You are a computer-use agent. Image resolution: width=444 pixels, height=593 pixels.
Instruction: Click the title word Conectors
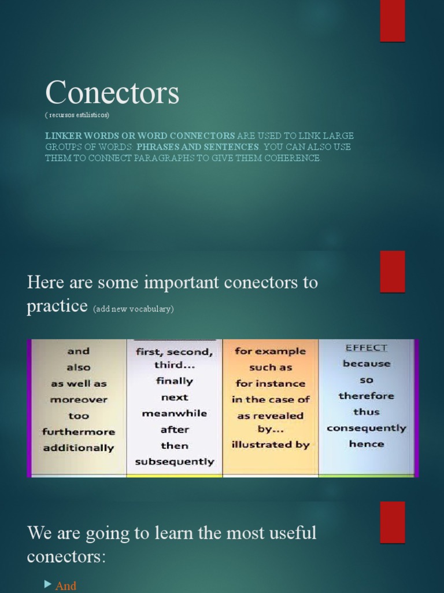(x=112, y=93)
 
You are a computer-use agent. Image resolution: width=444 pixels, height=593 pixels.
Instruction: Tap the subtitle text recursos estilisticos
(x=77, y=115)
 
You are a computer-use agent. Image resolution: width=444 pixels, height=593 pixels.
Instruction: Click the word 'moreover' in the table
(x=79, y=400)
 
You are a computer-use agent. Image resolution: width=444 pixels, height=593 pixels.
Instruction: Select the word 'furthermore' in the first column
(x=79, y=432)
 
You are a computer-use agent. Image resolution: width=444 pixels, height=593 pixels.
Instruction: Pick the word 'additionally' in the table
(x=79, y=448)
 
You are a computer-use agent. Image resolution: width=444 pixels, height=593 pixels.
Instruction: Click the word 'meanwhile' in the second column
(x=175, y=413)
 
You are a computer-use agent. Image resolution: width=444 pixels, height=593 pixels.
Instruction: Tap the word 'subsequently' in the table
(x=175, y=462)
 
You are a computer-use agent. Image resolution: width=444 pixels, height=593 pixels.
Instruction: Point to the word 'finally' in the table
(x=175, y=381)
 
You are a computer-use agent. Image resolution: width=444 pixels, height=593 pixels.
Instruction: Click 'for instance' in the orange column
(x=271, y=383)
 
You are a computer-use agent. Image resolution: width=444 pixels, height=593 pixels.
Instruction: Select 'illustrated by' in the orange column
(x=271, y=445)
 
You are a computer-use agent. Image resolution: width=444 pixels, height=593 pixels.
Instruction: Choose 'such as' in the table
(x=271, y=367)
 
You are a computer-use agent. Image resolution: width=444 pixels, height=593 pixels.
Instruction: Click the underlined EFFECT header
(x=367, y=348)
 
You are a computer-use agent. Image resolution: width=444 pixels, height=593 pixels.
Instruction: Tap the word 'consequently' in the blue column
(x=367, y=429)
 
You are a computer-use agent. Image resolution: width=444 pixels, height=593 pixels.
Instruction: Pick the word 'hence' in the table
(x=367, y=444)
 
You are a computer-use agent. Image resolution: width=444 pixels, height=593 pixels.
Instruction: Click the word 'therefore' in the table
(x=367, y=396)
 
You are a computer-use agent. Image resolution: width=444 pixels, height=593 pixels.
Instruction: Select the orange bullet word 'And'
(x=66, y=586)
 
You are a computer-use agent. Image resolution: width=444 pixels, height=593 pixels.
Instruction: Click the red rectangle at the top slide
(x=393, y=21)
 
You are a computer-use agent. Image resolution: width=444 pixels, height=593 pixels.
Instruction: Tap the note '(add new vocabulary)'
(x=133, y=309)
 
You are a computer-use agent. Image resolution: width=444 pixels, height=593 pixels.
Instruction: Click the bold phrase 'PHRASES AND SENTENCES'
(x=198, y=147)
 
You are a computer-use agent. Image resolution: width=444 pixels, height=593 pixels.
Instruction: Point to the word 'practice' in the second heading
(x=57, y=306)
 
